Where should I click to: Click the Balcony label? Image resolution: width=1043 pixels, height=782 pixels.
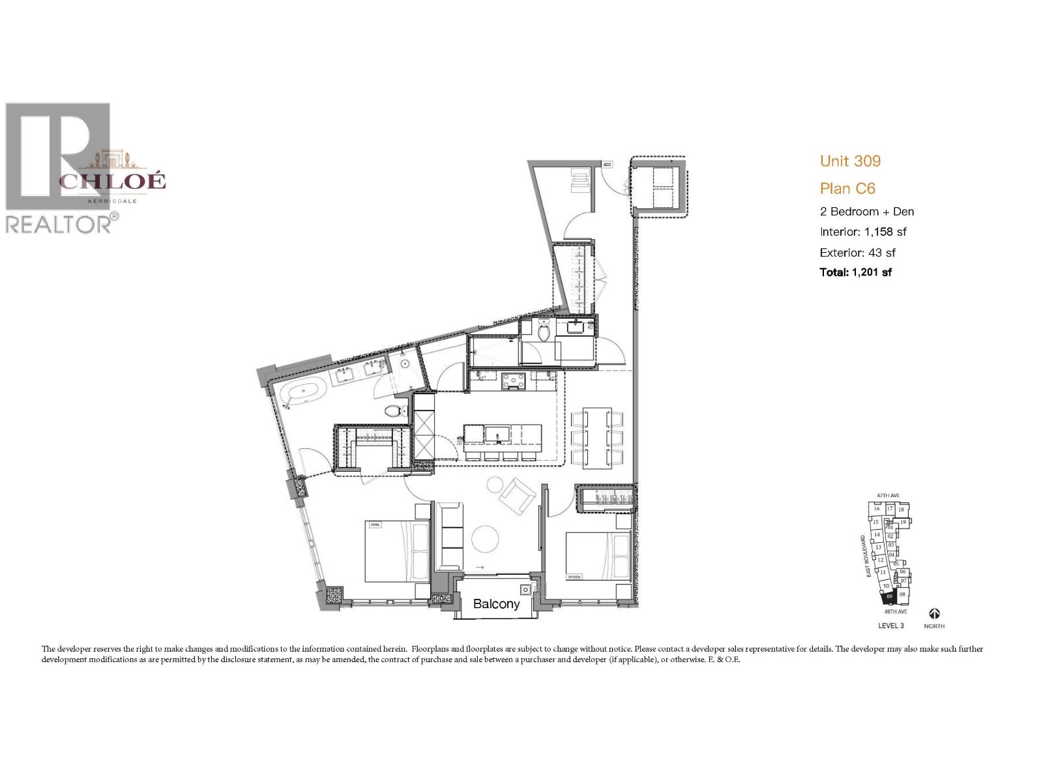(x=496, y=604)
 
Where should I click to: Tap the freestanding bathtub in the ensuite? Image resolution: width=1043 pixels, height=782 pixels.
(x=304, y=395)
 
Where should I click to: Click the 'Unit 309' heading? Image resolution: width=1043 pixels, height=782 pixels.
(x=850, y=161)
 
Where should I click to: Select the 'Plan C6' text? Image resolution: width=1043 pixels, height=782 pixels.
(x=847, y=189)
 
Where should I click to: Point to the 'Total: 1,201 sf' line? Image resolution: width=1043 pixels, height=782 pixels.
(x=855, y=272)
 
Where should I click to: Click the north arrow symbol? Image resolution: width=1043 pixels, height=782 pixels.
(x=934, y=614)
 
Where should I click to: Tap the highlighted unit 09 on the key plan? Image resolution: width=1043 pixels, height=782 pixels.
(x=889, y=596)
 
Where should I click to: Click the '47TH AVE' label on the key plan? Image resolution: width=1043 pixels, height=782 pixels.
(x=889, y=496)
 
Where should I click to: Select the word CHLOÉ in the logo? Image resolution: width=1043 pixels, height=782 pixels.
(x=112, y=181)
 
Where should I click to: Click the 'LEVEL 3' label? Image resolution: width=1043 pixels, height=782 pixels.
(x=890, y=626)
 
